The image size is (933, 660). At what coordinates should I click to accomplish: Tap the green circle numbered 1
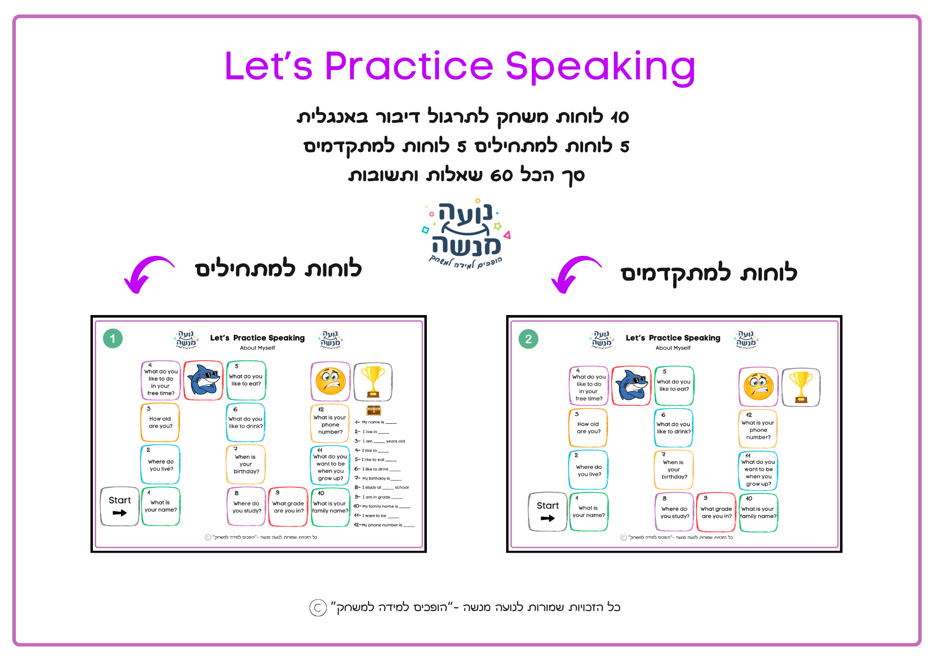tap(112, 339)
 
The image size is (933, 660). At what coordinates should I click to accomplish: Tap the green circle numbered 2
tap(528, 339)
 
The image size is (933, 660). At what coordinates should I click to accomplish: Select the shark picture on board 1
tap(203, 380)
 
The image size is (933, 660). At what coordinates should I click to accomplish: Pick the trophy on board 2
tap(801, 387)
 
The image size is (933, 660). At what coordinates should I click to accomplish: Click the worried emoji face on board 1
tap(330, 381)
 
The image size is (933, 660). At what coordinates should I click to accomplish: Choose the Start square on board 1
tap(120, 506)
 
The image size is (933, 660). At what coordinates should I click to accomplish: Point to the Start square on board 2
tap(548, 512)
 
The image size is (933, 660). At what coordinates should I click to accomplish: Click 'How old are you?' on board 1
tap(160, 422)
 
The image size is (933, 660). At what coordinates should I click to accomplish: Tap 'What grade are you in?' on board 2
tap(716, 513)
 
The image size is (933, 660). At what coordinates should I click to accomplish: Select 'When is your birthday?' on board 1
tap(246, 464)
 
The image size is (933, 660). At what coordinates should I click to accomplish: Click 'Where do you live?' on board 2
tap(589, 470)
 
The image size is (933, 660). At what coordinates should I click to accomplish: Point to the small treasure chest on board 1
tap(374, 410)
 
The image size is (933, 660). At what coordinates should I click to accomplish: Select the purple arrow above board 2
tap(573, 274)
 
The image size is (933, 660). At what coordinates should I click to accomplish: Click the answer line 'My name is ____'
tap(376, 422)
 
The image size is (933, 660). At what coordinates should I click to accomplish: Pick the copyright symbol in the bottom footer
tap(318, 608)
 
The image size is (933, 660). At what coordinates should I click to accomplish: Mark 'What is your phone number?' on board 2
tap(758, 430)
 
